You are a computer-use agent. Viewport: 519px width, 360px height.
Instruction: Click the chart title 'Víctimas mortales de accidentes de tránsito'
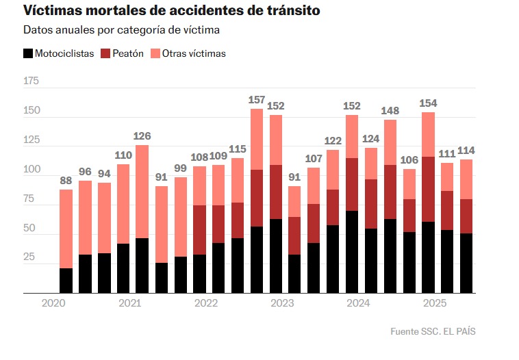pyautogui.click(x=171, y=11)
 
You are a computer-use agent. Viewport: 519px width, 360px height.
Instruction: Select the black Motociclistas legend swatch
pyautogui.click(x=28, y=53)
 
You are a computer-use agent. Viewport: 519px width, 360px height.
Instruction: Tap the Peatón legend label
pyautogui.click(x=128, y=53)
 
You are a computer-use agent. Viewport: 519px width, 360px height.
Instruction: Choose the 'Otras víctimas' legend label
pyautogui.click(x=194, y=53)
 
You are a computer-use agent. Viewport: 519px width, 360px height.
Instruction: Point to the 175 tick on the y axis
pyautogui.click(x=31, y=81)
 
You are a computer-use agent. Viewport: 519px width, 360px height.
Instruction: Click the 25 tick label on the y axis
pyautogui.click(x=31, y=257)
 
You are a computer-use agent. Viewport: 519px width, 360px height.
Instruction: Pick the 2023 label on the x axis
pyautogui.click(x=282, y=303)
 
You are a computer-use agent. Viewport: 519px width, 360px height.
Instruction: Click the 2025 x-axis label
pyautogui.click(x=434, y=303)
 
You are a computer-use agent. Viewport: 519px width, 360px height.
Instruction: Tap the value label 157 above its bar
pyautogui.click(x=257, y=100)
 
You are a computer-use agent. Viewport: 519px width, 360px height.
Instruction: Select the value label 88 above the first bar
pyautogui.click(x=66, y=181)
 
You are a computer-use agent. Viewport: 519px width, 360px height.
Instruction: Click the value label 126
pyautogui.click(x=142, y=136)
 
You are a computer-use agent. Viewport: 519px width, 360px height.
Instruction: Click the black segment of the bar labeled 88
pyautogui.click(x=66, y=281)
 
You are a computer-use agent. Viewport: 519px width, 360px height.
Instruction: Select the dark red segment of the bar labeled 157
pyautogui.click(x=257, y=198)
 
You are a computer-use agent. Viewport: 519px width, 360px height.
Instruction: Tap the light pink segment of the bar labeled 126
pyautogui.click(x=142, y=192)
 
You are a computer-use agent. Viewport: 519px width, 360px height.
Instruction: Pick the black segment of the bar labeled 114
pyautogui.click(x=466, y=263)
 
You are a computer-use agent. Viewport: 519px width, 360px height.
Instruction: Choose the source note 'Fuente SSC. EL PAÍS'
pyautogui.click(x=433, y=331)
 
